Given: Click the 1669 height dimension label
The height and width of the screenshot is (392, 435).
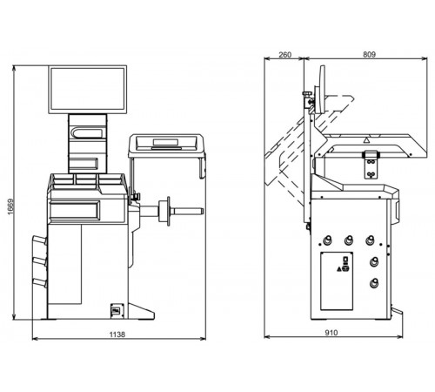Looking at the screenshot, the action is (x=10, y=206).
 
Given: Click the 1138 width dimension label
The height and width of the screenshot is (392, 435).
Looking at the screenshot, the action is (x=117, y=335).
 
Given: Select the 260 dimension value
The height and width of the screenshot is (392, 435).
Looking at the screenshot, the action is (x=284, y=55).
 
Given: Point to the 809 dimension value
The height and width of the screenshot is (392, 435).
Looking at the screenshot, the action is (x=369, y=54).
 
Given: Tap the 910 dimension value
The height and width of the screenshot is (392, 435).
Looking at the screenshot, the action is (x=331, y=333).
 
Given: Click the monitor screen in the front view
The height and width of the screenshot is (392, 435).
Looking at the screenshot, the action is (x=87, y=89).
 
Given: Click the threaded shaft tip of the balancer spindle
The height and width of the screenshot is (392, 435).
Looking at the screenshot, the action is (x=201, y=212).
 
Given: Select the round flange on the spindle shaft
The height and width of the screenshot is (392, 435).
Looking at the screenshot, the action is (x=168, y=211).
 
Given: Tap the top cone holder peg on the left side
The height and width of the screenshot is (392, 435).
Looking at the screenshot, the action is (x=40, y=240).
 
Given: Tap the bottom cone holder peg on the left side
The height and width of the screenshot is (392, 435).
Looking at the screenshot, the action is (x=40, y=282).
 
